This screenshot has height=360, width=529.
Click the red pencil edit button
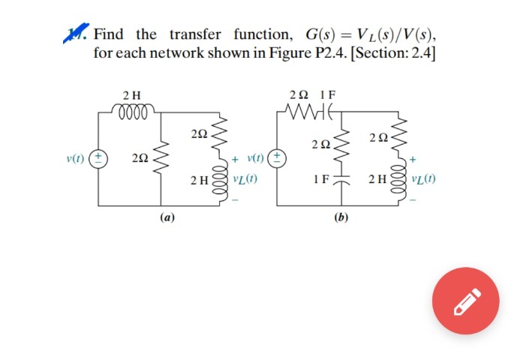(464, 301)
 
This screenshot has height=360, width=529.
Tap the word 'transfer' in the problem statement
(195, 34)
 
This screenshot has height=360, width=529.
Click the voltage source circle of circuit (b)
(278, 159)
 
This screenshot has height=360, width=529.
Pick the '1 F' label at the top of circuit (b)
(328, 95)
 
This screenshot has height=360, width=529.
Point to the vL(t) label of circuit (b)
(424, 181)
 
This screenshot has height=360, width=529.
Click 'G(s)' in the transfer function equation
(320, 34)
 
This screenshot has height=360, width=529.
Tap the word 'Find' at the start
(109, 34)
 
